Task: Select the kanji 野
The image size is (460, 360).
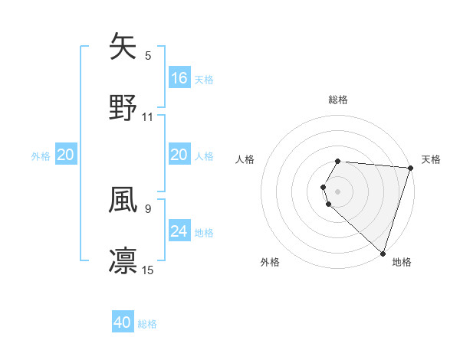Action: (123, 107)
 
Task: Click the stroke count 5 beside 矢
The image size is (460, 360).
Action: (148, 56)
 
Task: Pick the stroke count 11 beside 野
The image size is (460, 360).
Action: (148, 117)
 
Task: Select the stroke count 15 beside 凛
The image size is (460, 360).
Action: (148, 270)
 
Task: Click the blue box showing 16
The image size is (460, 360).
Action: (179, 78)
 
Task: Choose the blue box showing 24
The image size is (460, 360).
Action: (179, 231)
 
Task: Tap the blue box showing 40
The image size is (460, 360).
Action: (123, 322)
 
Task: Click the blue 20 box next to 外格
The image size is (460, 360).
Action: (65, 155)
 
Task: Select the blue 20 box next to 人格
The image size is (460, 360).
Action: (179, 155)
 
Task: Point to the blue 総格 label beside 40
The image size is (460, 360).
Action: (148, 324)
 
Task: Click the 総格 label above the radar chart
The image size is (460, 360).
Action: (338, 100)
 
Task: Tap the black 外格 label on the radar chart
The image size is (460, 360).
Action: (270, 262)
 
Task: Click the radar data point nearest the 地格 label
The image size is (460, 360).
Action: (383, 253)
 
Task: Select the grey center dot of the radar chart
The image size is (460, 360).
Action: (338, 191)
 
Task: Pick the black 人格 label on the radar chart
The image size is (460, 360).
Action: (246, 159)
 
